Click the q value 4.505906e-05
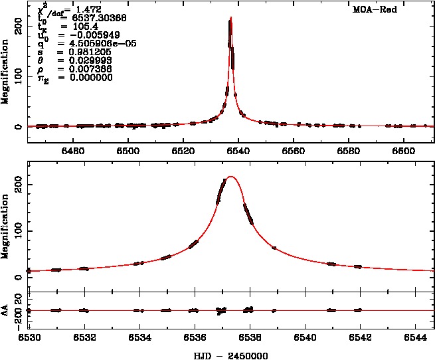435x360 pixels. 92,44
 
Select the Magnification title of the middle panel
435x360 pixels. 7,225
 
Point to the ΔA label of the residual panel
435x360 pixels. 7,310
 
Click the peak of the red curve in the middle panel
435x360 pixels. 230,177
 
